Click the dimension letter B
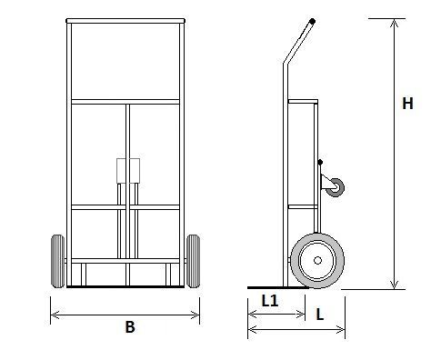pyautogui.click(x=130, y=327)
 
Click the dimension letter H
pyautogui.click(x=407, y=104)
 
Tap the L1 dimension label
pyautogui.click(x=270, y=301)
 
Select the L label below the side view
pyautogui.click(x=320, y=315)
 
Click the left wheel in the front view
pyautogui.click(x=58, y=261)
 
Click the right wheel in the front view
pyautogui.click(x=193, y=261)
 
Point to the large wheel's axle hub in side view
pyautogui.click(x=317, y=260)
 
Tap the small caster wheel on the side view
pyautogui.click(x=335, y=187)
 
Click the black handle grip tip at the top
pyautogui.click(x=312, y=22)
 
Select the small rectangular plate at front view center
pyautogui.click(x=128, y=171)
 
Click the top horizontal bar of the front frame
pyautogui.click(x=125, y=21)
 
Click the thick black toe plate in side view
pyautogui.click(x=277, y=287)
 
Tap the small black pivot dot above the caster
pyautogui.click(x=320, y=162)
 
